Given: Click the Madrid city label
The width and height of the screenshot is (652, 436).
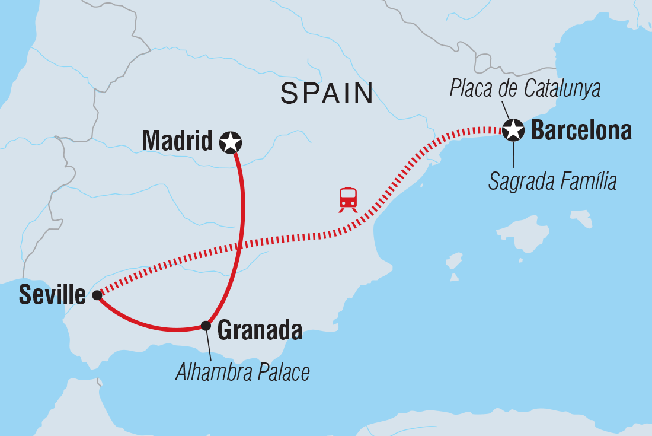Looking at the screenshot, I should (177, 141).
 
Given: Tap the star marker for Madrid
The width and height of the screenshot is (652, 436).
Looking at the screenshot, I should (230, 142).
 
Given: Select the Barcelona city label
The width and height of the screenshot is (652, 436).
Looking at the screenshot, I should (581, 131).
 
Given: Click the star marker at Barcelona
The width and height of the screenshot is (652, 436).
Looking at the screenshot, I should (513, 129).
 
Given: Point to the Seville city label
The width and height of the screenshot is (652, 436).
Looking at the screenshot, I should (52, 294).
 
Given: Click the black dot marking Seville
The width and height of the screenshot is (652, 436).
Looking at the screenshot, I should (97, 294).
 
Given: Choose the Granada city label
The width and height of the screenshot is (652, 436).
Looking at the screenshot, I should (260, 330).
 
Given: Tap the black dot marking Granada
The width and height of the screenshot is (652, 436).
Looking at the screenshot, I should (206, 325).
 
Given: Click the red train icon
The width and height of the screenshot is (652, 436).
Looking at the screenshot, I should (348, 199).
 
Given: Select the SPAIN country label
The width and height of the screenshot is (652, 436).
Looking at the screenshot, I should (327, 94).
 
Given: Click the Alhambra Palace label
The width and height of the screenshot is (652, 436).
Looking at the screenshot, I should (242, 373).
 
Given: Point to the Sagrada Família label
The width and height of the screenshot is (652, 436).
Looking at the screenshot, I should (552, 182).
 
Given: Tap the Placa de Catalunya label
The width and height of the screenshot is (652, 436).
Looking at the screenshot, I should (525, 88).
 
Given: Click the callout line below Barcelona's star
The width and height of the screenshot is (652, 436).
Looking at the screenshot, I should (513, 155).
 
